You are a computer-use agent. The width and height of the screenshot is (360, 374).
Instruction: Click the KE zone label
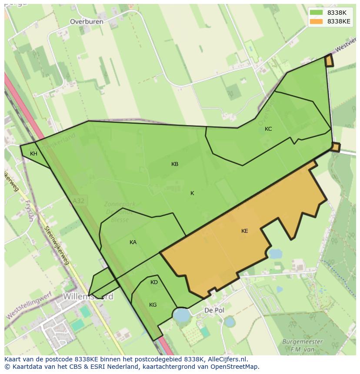tap(244, 231)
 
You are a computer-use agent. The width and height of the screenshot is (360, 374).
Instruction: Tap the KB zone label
tap(175, 164)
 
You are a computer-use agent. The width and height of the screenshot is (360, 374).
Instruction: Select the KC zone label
tap(268, 129)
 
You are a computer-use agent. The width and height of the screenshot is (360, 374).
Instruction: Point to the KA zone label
tap(133, 242)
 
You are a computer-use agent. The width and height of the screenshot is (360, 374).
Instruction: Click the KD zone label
tap(154, 282)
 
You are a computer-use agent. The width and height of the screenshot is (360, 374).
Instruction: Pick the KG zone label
tap(153, 305)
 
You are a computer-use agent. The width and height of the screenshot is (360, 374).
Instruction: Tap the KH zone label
tap(33, 154)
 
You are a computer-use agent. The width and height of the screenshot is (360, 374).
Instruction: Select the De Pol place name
tap(214, 311)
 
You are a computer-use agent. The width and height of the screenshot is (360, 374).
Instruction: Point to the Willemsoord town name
tap(88, 297)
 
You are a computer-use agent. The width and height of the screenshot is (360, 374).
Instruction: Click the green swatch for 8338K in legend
tap(316, 13)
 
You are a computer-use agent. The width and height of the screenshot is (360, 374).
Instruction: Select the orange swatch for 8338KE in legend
tap(316, 21)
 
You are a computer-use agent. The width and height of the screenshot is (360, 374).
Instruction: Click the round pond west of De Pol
tap(181, 314)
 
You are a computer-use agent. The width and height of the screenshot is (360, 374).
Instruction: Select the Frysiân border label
tap(29, 211)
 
